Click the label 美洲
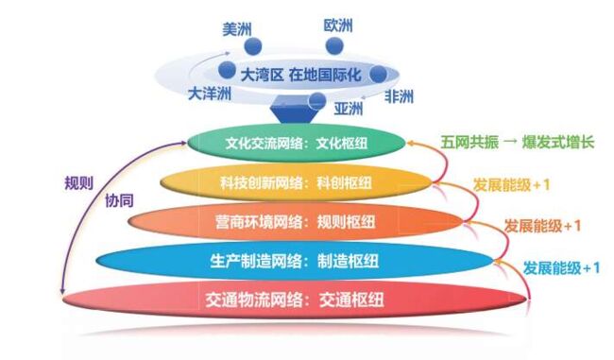236,28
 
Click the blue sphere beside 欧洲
343,44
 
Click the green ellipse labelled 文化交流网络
298,145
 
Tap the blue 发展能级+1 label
563,267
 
